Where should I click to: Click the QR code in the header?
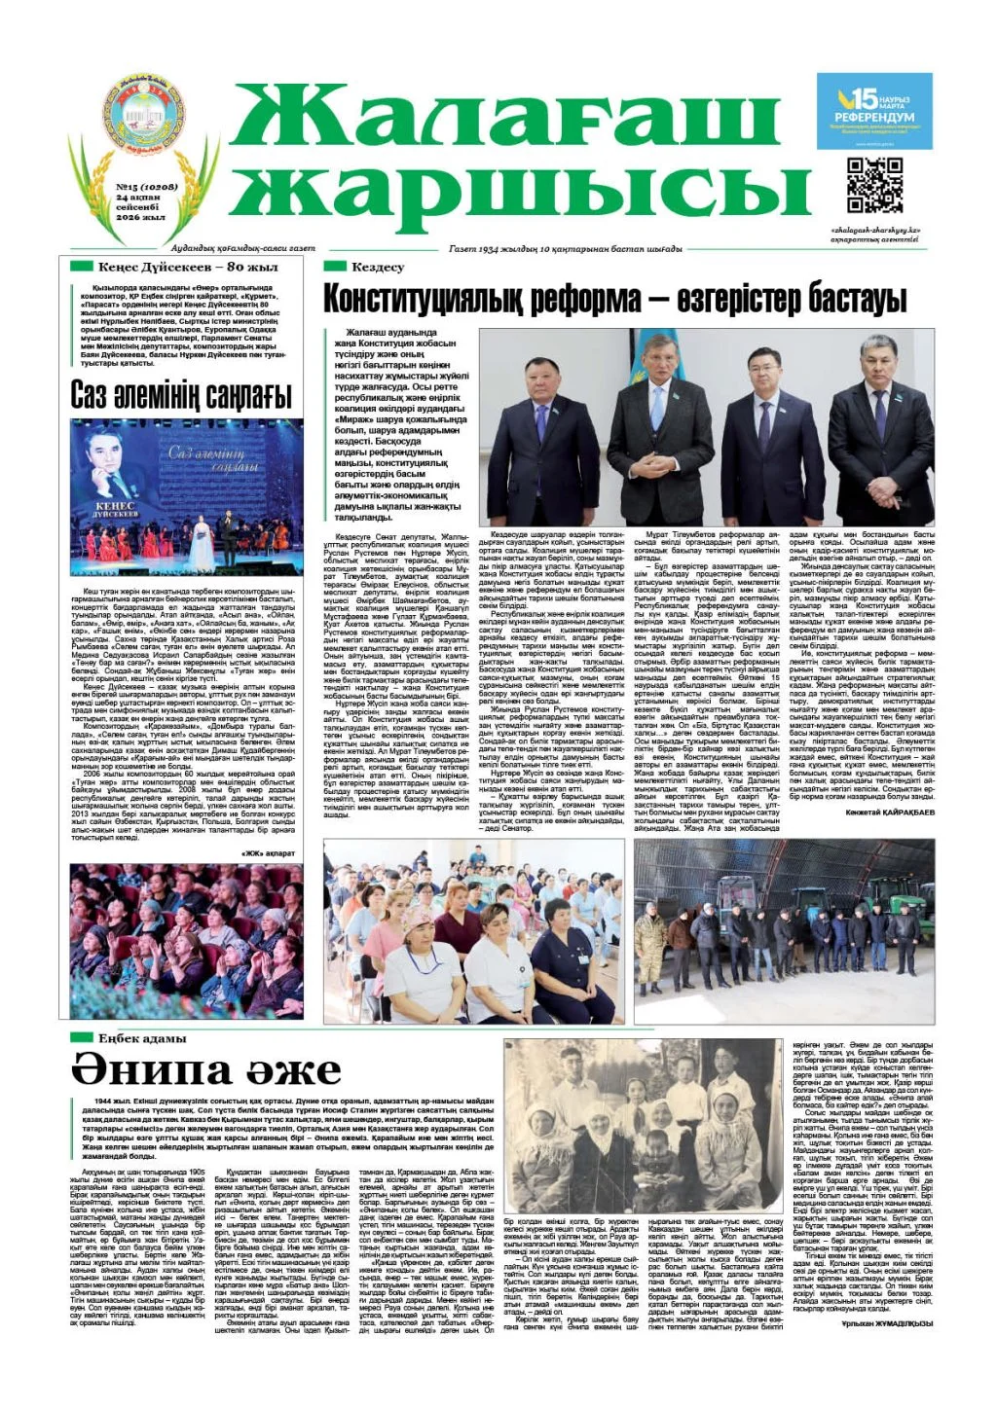coord(874,185)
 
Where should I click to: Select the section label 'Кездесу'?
coord(377,267)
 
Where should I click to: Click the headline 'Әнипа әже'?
coord(205,1070)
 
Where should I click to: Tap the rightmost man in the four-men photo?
coord(879,428)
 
